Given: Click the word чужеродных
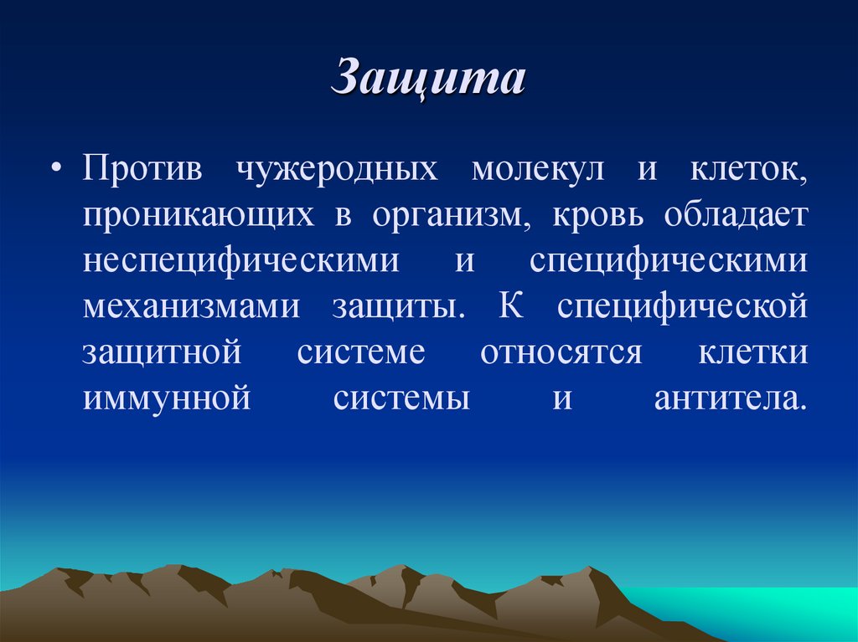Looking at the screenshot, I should pos(337,168).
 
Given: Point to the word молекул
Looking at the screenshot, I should pos(526,168).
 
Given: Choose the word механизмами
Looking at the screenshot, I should pos(191,306).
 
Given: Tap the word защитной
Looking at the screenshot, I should pos(162,352).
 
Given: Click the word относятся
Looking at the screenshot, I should pos(561,352).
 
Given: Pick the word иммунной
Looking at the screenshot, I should pos(168,398).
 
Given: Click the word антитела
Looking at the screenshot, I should pos(730,398).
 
